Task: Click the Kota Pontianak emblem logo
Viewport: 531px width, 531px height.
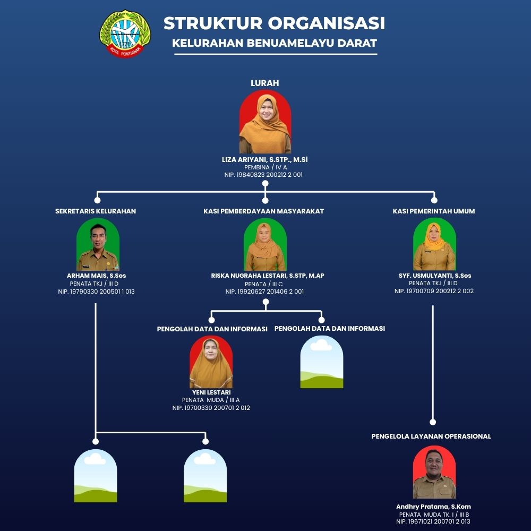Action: [125, 33]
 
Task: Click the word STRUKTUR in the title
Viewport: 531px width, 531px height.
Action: [213, 23]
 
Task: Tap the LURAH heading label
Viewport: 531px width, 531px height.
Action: [265, 83]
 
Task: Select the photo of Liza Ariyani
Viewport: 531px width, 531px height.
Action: [265, 122]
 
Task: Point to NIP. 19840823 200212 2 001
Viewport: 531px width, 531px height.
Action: [263, 175]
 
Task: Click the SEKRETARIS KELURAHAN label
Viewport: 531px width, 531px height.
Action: [96, 211]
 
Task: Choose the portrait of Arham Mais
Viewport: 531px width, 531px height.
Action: [98, 244]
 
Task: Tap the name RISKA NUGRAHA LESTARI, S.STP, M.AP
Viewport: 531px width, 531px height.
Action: [268, 276]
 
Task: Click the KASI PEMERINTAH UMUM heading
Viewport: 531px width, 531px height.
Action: [434, 211]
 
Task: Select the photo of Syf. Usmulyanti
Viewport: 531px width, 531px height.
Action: [434, 244]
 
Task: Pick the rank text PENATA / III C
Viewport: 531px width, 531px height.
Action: [264, 284]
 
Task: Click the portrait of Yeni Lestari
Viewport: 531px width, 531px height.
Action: [211, 362]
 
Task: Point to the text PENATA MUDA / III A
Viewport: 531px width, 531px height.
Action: [211, 400]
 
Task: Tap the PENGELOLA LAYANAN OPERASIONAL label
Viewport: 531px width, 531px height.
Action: [431, 436]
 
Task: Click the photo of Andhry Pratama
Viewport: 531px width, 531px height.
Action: [434, 472]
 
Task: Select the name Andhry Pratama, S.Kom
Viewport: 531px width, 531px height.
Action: [433, 507]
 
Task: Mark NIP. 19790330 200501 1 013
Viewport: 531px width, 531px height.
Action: [96, 292]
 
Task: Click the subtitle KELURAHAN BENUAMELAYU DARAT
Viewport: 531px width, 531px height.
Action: [275, 43]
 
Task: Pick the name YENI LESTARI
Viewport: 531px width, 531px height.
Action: [211, 392]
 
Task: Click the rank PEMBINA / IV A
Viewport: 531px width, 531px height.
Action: [265, 167]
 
